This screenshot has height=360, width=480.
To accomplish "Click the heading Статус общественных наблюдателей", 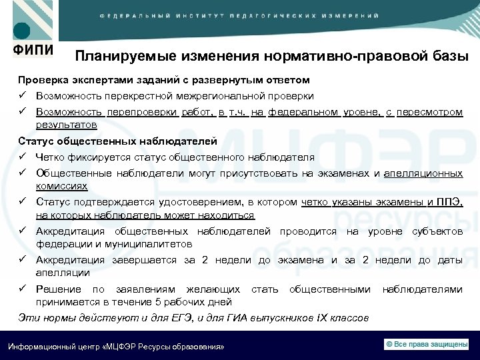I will tap(117, 141).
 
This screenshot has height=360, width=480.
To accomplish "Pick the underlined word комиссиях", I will tap(61, 186).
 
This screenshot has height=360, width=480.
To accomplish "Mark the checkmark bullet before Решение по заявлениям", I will tap(23, 289).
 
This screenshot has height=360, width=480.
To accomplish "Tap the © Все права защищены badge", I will tap(427, 343).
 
